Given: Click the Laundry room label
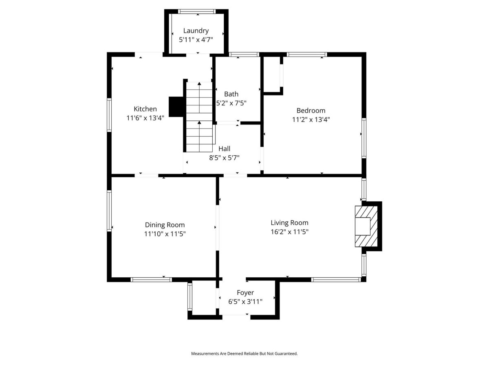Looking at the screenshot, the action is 196,31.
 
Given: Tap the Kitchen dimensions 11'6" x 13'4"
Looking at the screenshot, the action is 145,118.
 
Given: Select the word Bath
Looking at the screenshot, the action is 231,94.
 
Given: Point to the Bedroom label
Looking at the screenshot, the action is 311,111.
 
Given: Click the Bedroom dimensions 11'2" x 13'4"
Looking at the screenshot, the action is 311,120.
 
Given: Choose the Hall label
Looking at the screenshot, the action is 224,148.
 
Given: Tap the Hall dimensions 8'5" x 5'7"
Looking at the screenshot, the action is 224,158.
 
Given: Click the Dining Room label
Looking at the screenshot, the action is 165,225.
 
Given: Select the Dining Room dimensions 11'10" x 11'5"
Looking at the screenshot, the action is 165,234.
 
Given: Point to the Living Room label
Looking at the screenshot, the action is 289,223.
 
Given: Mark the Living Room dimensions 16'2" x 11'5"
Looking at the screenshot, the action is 289,232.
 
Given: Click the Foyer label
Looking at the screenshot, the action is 245,293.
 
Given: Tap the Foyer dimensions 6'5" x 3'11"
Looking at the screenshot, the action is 245,302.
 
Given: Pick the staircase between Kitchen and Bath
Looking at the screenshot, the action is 199,117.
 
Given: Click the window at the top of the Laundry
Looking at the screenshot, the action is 197,11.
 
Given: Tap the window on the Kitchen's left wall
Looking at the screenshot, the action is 109,115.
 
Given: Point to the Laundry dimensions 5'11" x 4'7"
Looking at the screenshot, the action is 196,40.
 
